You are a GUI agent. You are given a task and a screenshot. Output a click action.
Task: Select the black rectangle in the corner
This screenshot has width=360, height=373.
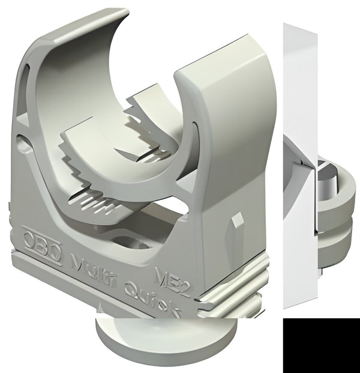tap(321, 346)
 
